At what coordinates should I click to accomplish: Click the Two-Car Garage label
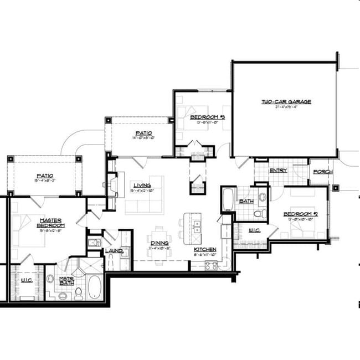pyautogui.click(x=286, y=101)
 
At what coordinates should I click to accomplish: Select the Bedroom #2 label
pyautogui.click(x=300, y=214)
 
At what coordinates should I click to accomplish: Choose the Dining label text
pyautogui.click(x=159, y=243)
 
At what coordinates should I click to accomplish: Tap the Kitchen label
pyautogui.click(x=204, y=250)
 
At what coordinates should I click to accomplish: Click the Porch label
pyautogui.click(x=322, y=172)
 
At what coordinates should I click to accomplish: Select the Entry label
pyautogui.click(x=278, y=171)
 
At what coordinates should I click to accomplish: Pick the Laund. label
pyautogui.click(x=114, y=251)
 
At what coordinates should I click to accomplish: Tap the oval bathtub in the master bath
pyautogui.click(x=94, y=287)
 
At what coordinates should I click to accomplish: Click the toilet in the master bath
pyautogui.click(x=78, y=292)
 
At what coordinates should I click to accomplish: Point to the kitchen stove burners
pyautogui.click(x=211, y=265)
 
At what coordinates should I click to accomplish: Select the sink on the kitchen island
pyautogui.click(x=196, y=225)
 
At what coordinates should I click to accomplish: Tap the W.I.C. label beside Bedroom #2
pyautogui.click(x=255, y=230)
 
